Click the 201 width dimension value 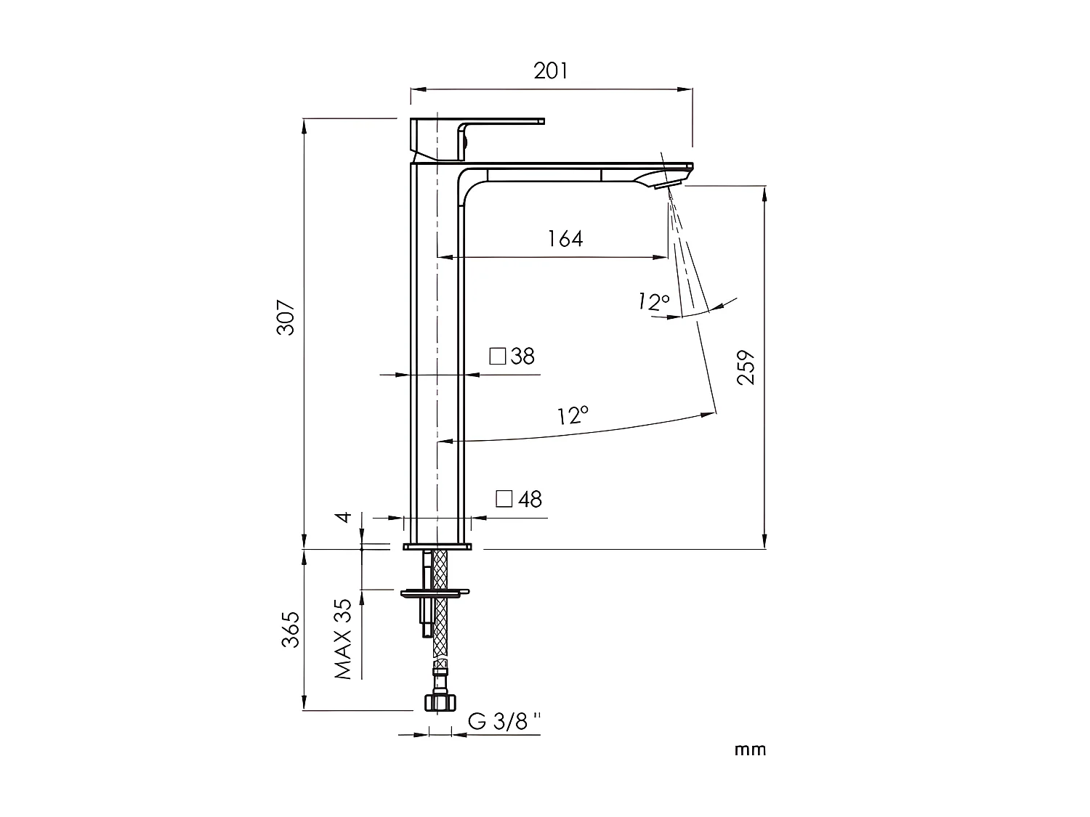pyautogui.click(x=551, y=71)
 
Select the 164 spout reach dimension pyautogui.click(x=565, y=238)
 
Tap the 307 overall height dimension pyautogui.click(x=286, y=317)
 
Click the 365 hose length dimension pyautogui.click(x=290, y=630)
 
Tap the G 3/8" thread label pyautogui.click(x=505, y=721)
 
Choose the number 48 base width pyautogui.click(x=530, y=500)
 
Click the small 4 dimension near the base pyautogui.click(x=346, y=517)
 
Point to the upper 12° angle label pyautogui.click(x=653, y=301)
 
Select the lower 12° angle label pyautogui.click(x=573, y=416)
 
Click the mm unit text pyautogui.click(x=750, y=749)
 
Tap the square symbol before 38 pyautogui.click(x=497, y=357)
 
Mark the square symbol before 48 pyautogui.click(x=504, y=499)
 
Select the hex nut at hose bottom pyautogui.click(x=439, y=702)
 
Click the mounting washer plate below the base pyautogui.click(x=435, y=593)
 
